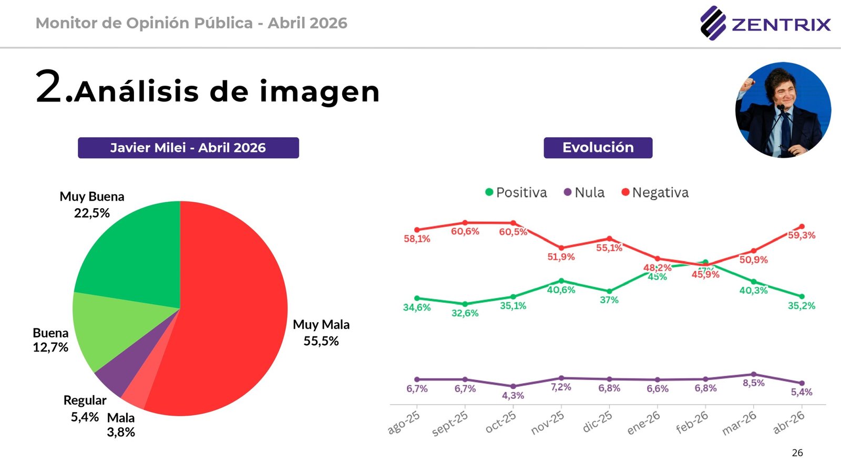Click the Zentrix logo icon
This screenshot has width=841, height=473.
713,23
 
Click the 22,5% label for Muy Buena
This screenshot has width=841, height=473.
92,213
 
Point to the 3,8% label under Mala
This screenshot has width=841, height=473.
121,433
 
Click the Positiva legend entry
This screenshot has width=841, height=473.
516,192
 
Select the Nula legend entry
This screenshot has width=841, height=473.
584,192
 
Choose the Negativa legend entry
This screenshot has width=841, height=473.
655,192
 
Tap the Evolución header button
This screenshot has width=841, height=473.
598,148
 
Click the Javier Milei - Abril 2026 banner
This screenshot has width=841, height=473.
188,148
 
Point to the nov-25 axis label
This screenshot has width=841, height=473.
547,423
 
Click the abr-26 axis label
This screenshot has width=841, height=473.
788,423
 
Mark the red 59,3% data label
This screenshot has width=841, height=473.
802,235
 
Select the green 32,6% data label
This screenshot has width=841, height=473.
465,313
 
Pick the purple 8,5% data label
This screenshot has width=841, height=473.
754,383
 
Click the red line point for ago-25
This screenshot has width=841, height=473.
417,230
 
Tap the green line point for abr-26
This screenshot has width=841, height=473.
802,296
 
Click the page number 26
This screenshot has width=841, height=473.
797,453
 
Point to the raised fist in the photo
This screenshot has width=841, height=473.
748,84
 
